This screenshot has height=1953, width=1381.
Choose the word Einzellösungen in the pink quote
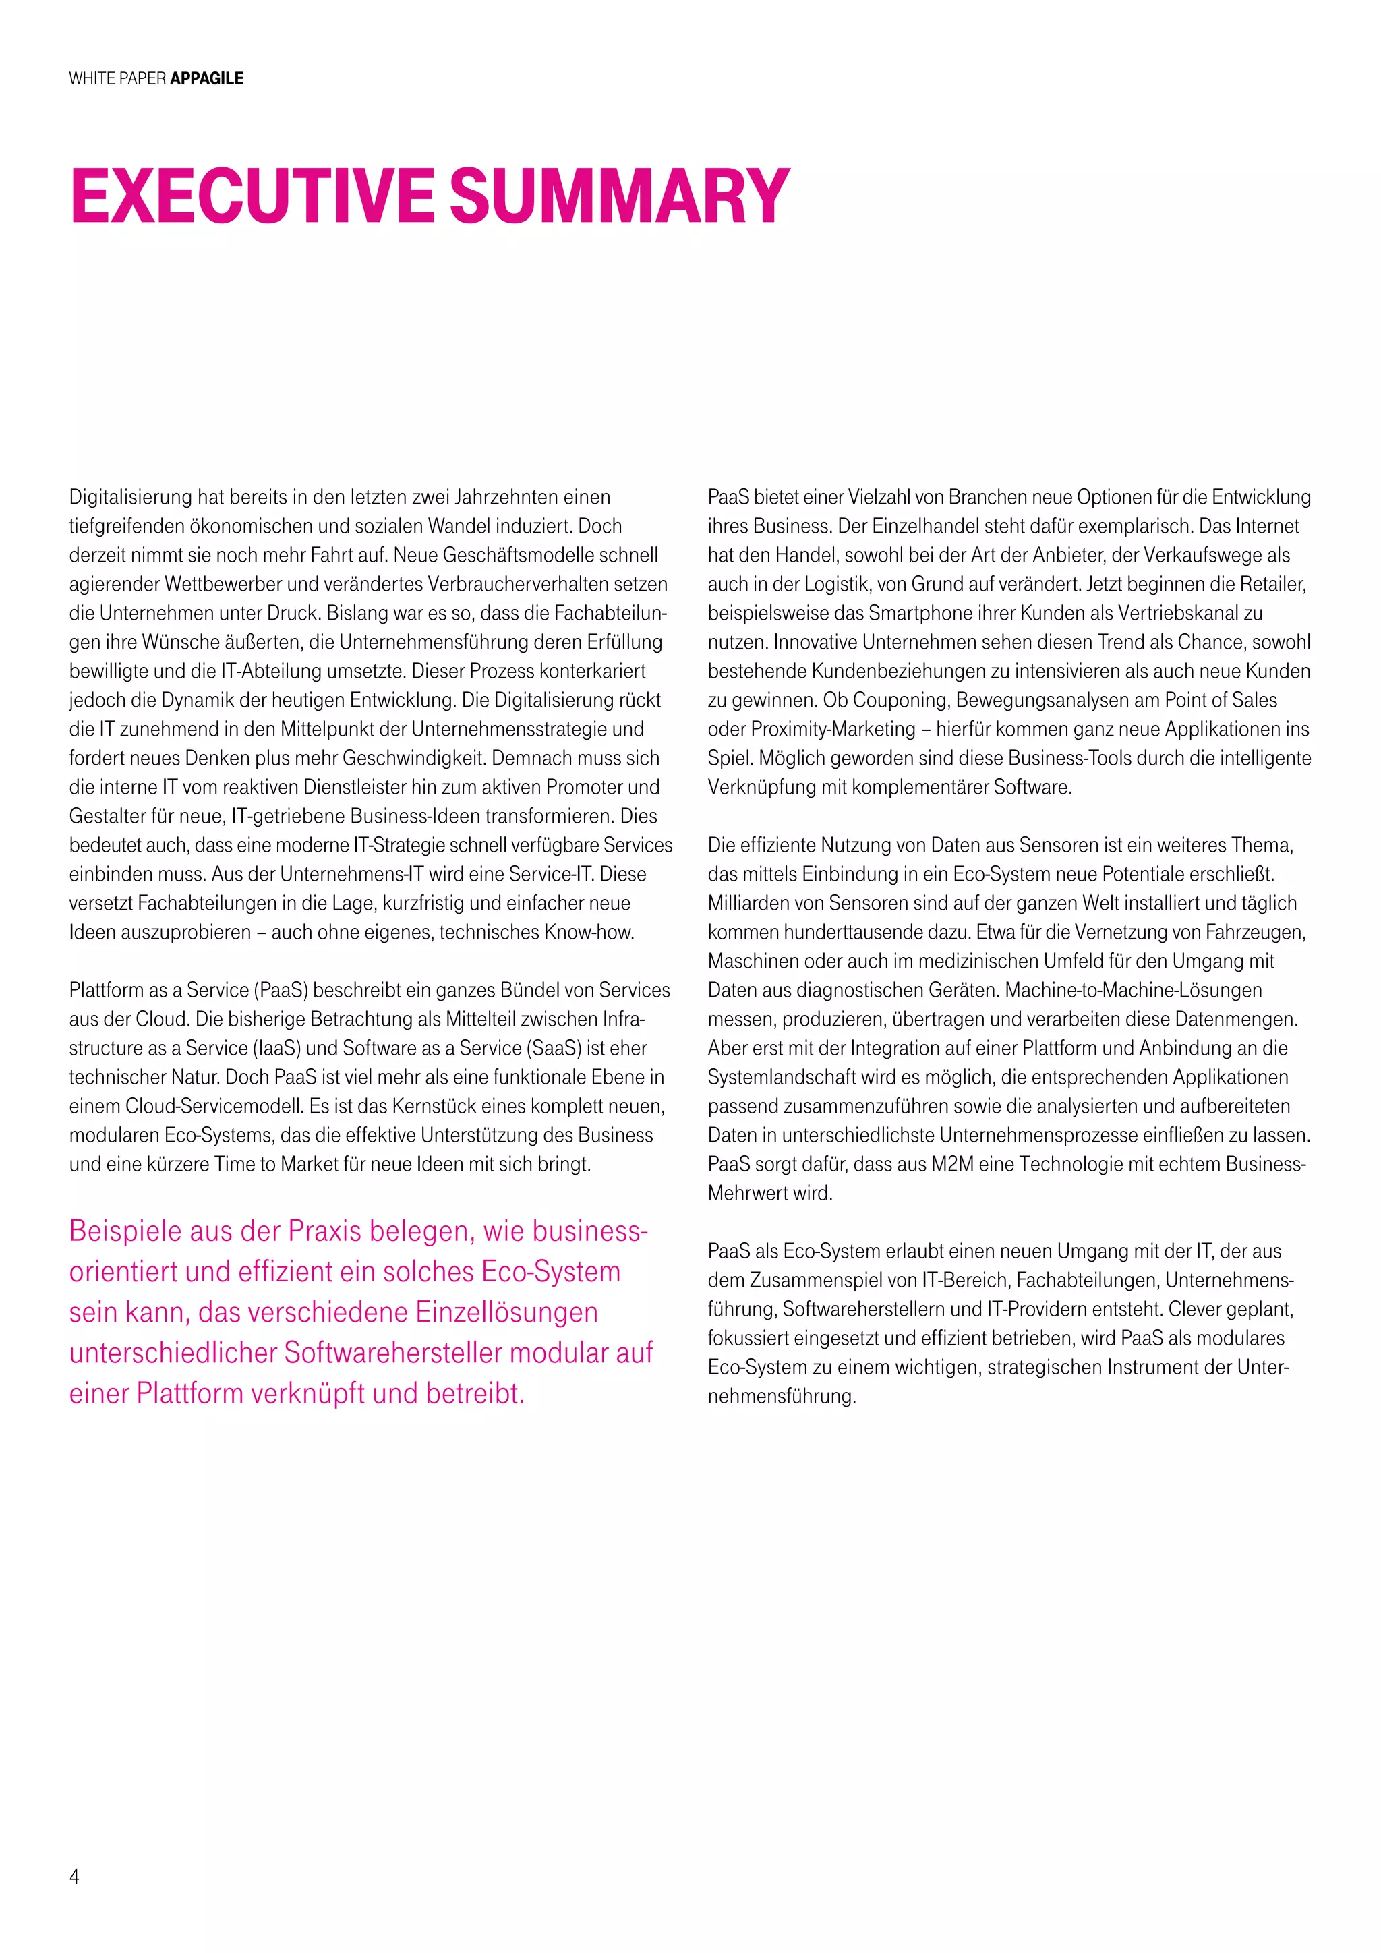tap(506, 1312)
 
